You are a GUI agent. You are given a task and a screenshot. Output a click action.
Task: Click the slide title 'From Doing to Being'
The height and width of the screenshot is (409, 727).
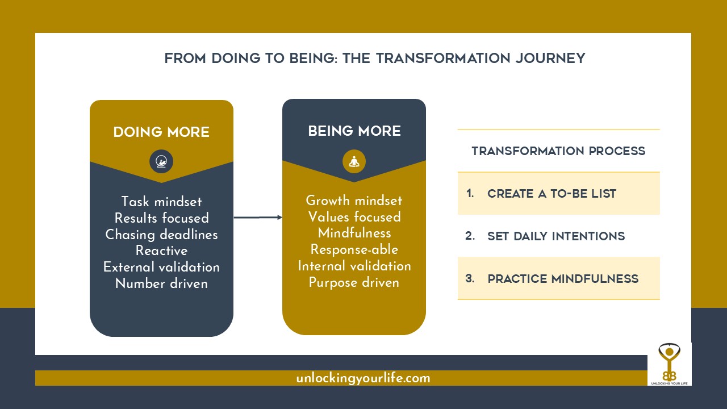coord(374,59)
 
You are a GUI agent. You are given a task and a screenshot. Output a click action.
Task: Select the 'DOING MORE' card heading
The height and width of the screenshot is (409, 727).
coord(161,132)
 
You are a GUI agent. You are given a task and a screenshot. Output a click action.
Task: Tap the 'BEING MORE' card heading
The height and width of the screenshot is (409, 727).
coord(354,131)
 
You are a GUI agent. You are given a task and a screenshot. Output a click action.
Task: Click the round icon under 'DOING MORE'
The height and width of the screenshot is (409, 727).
coord(161,162)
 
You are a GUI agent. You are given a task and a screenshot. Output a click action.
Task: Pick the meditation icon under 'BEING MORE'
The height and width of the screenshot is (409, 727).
coord(354,162)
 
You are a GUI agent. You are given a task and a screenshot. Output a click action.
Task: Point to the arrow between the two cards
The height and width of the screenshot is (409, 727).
coord(258,217)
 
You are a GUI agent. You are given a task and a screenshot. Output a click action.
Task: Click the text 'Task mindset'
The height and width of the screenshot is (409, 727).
coord(161,202)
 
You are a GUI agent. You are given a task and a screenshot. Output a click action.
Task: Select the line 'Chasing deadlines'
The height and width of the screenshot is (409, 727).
coord(161,234)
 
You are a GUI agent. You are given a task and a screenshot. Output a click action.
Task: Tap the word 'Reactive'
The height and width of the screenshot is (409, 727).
coord(161,251)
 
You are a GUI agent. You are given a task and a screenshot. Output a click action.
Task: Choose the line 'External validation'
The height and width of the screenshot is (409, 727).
coord(161,267)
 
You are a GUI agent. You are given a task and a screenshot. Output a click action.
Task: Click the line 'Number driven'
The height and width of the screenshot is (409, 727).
coord(161,283)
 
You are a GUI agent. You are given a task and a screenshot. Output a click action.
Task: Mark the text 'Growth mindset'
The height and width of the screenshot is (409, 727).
coord(354,201)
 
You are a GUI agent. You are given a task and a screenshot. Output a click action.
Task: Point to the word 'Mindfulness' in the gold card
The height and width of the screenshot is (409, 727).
coord(354,233)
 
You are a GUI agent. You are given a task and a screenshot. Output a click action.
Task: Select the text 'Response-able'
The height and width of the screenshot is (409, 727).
coord(354,249)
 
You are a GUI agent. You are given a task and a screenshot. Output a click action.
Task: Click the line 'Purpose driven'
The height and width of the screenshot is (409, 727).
coord(354,282)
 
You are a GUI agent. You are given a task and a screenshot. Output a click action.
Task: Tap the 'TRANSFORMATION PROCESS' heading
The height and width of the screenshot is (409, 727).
coord(558,151)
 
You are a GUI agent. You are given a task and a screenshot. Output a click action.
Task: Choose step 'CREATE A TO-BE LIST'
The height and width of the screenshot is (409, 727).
coord(551,194)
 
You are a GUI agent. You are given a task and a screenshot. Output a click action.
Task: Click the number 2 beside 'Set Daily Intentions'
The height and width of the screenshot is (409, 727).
coord(470,235)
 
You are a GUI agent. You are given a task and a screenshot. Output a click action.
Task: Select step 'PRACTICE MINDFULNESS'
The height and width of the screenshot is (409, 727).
coord(563,279)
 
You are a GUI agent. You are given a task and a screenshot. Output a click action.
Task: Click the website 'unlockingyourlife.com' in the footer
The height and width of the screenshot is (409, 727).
coord(363,378)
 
